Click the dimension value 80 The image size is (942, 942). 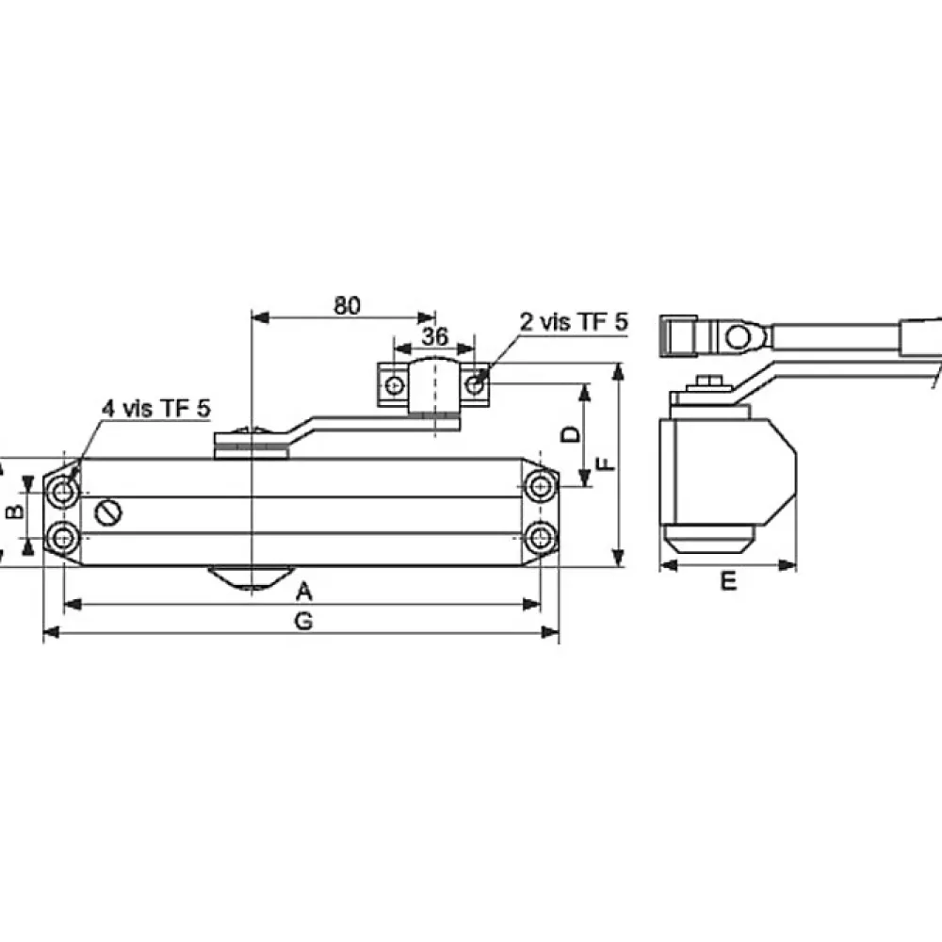point(348,306)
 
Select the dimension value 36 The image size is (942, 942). point(434,336)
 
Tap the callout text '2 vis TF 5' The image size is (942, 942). point(574,322)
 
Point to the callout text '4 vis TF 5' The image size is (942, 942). point(156,409)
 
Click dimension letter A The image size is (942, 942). point(304,592)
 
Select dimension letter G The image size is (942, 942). point(304,621)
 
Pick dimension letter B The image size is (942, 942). point(14,512)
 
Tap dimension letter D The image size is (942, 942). point(571,433)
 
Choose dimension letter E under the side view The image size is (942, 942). point(728,581)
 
